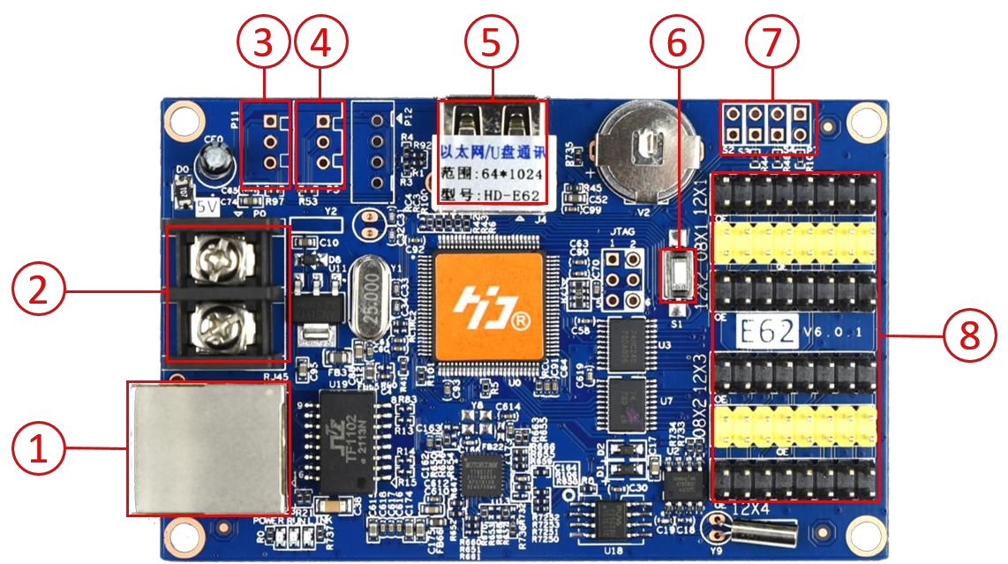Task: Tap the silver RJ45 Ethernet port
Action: pos(208,448)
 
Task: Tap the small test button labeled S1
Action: pos(677,275)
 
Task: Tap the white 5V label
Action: pos(207,208)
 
